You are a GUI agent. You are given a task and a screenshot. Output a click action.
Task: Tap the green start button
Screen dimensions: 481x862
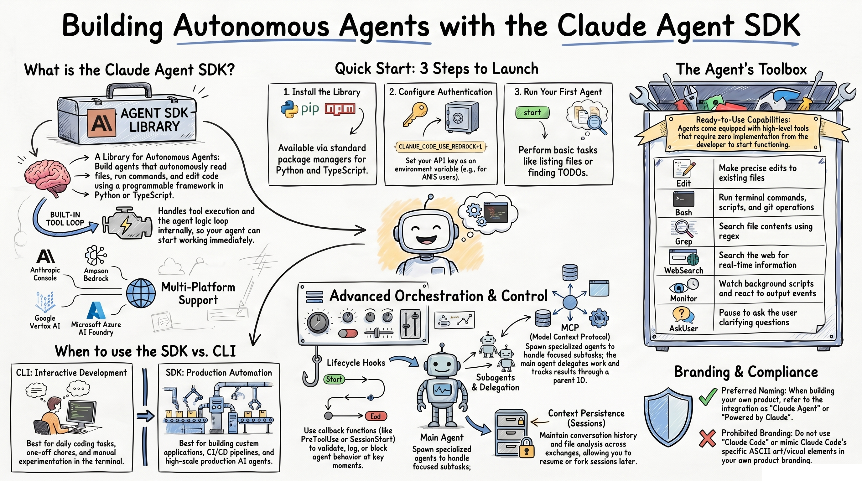(532, 112)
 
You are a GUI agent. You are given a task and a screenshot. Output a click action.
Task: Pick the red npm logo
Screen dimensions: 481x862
(339, 109)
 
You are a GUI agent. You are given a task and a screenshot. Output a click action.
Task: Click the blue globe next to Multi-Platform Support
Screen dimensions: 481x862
(141, 293)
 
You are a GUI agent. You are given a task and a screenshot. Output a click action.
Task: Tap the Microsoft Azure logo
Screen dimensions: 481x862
(96, 310)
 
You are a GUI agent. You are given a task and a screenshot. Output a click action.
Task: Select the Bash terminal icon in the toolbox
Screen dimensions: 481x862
(683, 199)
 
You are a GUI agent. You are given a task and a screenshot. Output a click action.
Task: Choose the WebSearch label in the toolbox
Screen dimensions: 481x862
(684, 270)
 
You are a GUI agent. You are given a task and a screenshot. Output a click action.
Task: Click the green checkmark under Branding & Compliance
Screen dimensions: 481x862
(707, 397)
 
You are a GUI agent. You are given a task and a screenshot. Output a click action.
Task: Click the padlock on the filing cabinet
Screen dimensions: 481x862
(526, 447)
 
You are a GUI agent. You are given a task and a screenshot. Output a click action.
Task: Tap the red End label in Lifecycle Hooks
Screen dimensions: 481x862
(376, 416)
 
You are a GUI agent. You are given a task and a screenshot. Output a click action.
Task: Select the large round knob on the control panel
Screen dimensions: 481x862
(318, 322)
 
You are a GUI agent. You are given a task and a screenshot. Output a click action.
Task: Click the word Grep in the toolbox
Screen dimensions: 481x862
(683, 241)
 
